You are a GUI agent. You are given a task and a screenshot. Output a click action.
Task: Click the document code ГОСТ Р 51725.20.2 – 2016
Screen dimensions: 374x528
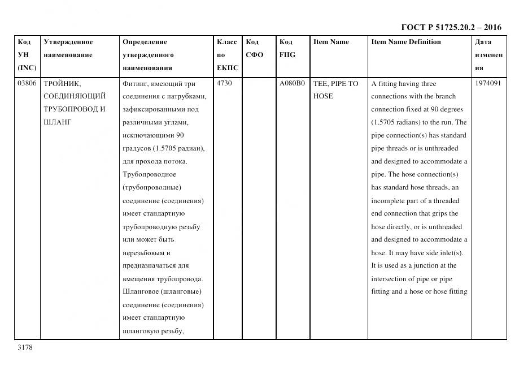point(451,27)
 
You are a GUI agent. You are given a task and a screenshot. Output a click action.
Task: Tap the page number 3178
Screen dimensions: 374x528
point(25,347)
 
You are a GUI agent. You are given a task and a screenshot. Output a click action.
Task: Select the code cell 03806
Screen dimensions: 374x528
point(27,83)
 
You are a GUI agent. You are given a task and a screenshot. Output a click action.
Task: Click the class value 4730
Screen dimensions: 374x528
point(224,83)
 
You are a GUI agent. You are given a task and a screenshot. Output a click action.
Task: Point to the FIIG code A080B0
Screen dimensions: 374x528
point(292,83)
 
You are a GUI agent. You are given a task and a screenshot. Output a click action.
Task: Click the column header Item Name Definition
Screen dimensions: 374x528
point(406,42)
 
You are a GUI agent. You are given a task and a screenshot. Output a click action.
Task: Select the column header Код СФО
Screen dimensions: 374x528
point(255,49)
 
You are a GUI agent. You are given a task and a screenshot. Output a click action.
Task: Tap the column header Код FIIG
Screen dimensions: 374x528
point(287,49)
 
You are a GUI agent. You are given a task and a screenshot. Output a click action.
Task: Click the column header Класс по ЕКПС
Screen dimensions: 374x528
point(227,55)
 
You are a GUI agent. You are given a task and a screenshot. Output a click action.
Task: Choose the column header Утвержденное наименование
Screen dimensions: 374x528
point(68,49)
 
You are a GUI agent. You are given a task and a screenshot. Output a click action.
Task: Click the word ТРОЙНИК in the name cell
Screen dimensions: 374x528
point(62,83)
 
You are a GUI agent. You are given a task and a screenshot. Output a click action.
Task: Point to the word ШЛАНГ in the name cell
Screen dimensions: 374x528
point(57,122)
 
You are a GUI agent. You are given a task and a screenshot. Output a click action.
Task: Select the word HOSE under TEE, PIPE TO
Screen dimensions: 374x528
point(323,96)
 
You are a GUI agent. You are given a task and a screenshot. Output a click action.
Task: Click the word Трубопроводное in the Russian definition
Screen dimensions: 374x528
point(149,174)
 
